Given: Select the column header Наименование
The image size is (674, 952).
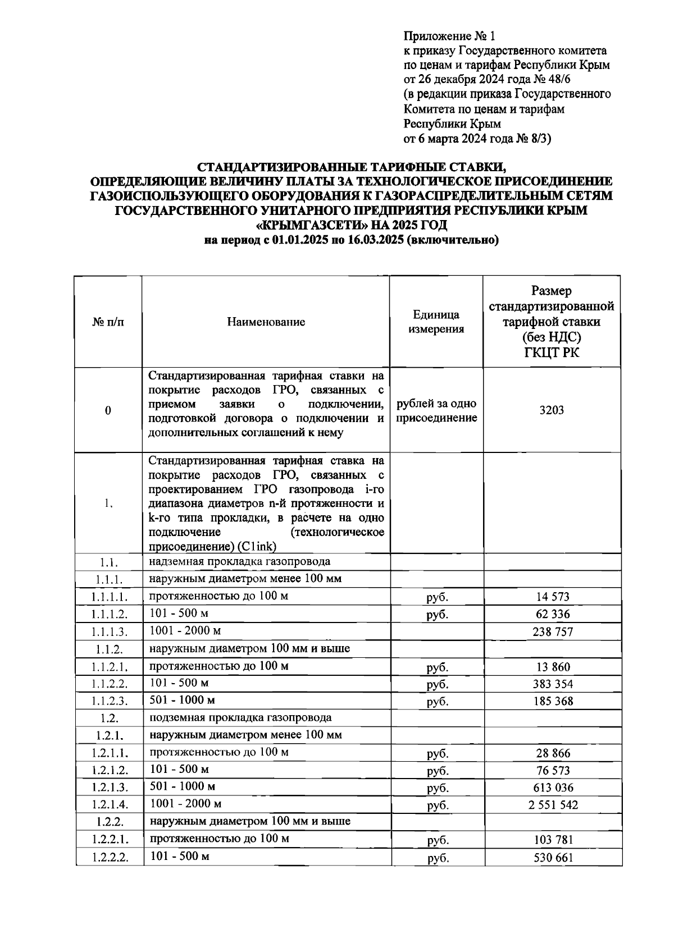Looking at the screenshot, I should tap(266, 322).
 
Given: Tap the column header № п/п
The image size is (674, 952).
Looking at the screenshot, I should tap(108, 322).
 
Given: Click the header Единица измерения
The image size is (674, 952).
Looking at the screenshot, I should tap(436, 322).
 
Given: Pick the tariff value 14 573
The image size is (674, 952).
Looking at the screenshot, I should tap(553, 597).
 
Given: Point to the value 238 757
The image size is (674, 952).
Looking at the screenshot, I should tap(553, 632).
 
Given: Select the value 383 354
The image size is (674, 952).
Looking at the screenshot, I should tap(553, 684).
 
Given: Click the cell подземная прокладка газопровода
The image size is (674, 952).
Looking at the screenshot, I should tap(240, 717).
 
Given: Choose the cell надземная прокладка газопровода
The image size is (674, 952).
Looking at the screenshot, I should tap(240, 561).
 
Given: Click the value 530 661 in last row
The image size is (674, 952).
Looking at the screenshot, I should tap(553, 858).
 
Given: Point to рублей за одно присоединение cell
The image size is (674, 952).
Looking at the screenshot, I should tap(436, 410).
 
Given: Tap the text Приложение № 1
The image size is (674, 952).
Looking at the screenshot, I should tap(450, 38).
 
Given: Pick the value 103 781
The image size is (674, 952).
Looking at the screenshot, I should tap(553, 840).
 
